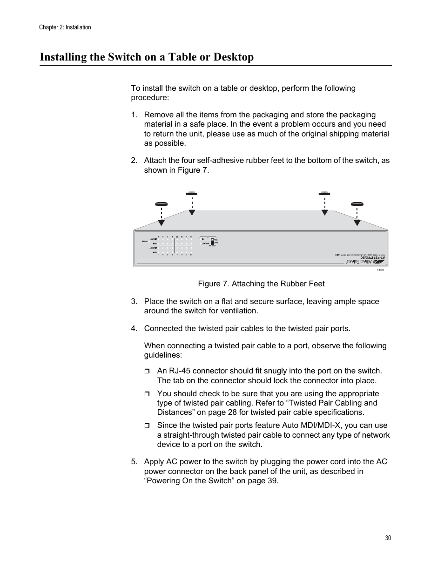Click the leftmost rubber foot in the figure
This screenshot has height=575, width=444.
click(x=161, y=204)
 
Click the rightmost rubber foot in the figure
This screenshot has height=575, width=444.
click(x=357, y=204)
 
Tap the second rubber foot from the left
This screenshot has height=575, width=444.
click(x=191, y=193)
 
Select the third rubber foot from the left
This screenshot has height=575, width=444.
click(x=324, y=193)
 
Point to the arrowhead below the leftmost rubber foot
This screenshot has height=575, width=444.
click(x=161, y=223)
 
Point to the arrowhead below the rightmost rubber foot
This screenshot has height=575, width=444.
click(x=357, y=223)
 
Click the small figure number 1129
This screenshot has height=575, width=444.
click(x=380, y=270)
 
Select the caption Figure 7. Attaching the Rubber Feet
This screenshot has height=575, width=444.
click(x=261, y=284)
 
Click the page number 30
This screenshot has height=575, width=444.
click(x=388, y=538)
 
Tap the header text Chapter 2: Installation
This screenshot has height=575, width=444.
click(x=65, y=27)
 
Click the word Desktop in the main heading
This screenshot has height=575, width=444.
click(x=234, y=57)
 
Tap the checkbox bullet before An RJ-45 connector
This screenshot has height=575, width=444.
click(x=147, y=372)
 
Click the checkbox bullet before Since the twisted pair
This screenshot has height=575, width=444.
click(x=147, y=426)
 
